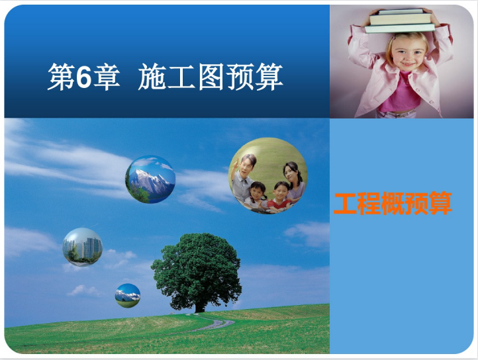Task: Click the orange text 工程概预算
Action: point(393,203)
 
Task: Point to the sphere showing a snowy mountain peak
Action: point(150,179)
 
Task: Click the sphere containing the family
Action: point(268,175)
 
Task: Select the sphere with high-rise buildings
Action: point(82,247)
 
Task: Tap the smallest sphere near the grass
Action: point(128,295)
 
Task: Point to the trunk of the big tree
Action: point(199,306)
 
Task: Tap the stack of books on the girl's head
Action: point(400,21)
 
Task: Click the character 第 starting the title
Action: point(62,77)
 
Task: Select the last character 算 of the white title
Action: point(269,77)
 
